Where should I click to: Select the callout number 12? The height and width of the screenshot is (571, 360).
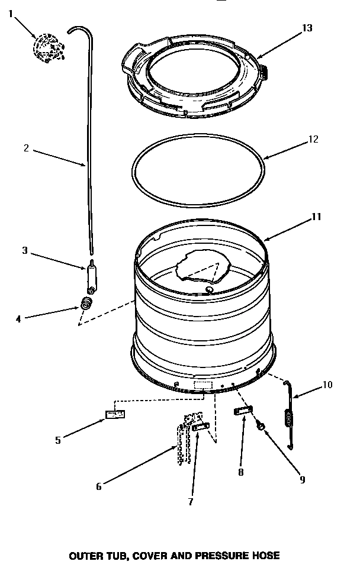pos(313,140)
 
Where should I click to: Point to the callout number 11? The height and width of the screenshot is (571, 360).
pos(316,217)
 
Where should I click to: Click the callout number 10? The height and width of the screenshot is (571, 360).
pos(327,385)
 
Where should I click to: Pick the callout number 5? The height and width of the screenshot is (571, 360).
pos(57,440)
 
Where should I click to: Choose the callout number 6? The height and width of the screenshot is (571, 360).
pos(99,486)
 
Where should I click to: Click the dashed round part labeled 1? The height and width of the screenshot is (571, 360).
pos(46,46)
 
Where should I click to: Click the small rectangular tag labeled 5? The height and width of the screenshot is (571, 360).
pos(115,414)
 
